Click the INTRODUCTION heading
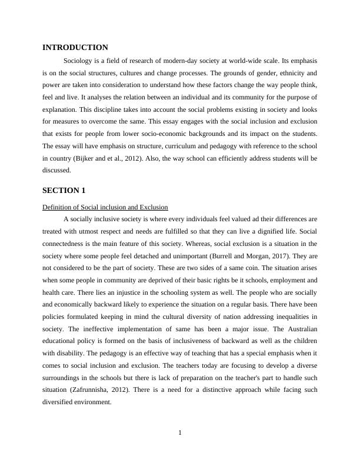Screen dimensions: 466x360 [x=75, y=48]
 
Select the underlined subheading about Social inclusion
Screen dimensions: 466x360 [x=105, y=207]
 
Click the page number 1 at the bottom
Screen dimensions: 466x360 [x=180, y=433]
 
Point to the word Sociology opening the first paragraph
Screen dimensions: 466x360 [x=79, y=61]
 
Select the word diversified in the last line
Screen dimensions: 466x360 [x=61, y=402]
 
